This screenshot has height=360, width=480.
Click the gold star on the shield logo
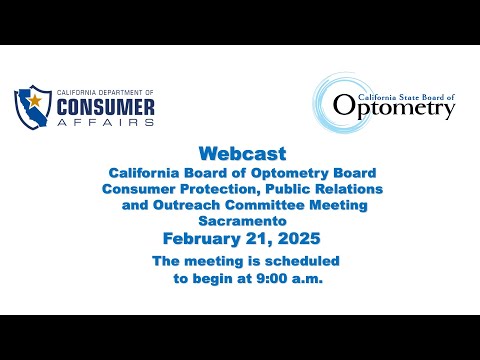tap(35, 100)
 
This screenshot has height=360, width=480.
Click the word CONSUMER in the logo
tap(106, 107)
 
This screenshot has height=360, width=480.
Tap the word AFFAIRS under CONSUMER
tap(106, 122)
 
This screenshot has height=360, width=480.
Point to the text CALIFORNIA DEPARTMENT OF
tap(105, 92)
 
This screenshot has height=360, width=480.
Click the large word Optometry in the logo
tap(394, 107)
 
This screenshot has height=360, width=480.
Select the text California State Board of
tap(406, 97)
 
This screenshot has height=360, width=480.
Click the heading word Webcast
tap(242, 154)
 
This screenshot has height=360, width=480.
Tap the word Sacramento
tap(242, 221)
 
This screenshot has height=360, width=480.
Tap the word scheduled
tap(302, 261)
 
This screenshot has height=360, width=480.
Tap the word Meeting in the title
tap(338, 206)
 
